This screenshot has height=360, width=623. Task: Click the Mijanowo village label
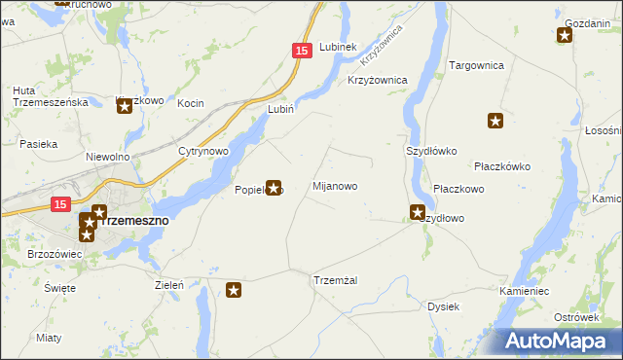point(335,186)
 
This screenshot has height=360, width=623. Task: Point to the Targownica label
point(475,65)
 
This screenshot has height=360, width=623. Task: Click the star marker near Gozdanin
point(565,37)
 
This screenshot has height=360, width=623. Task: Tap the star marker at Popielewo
point(274,187)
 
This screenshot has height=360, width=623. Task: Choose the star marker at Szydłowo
point(418,212)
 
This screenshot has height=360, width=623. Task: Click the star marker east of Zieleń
point(234,289)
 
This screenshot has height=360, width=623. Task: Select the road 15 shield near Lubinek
point(302,50)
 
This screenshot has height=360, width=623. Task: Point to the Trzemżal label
point(336,280)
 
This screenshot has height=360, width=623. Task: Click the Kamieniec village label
point(525,291)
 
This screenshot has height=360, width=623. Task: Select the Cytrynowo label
point(202,152)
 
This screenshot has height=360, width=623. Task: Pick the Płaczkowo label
point(458,189)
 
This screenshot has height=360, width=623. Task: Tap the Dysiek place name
point(443,306)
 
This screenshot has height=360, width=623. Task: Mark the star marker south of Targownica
point(495,122)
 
